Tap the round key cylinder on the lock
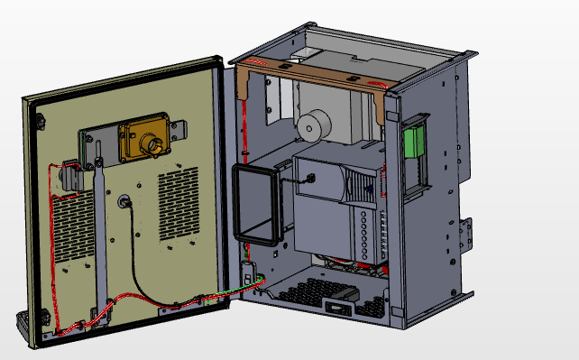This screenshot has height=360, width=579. coord(152,143)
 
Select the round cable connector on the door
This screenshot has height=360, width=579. coord(124,199)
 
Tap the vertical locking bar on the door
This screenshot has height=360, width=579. coord(101,235)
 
